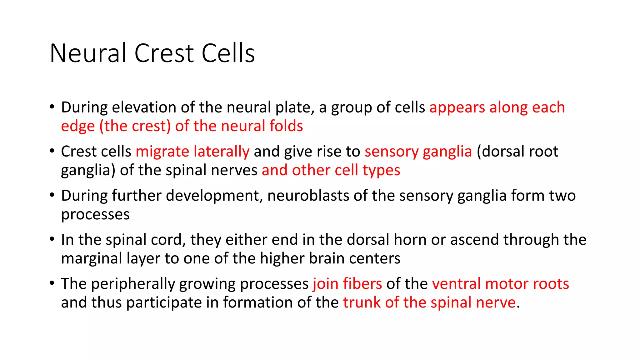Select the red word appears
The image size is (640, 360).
pyautogui.click(x=457, y=108)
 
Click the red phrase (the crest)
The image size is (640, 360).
pyautogui.click(x=135, y=126)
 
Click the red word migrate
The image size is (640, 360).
pyautogui.click(x=162, y=152)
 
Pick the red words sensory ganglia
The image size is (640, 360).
pyautogui.click(x=418, y=152)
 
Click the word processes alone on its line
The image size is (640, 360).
pyautogui.click(x=95, y=215)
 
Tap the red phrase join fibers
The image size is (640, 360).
pyautogui.click(x=347, y=284)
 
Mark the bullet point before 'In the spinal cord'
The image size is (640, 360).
pyautogui.click(x=52, y=239)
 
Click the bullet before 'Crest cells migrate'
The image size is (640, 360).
pyautogui.click(x=52, y=151)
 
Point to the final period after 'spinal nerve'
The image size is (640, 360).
pyautogui.click(x=518, y=307)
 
